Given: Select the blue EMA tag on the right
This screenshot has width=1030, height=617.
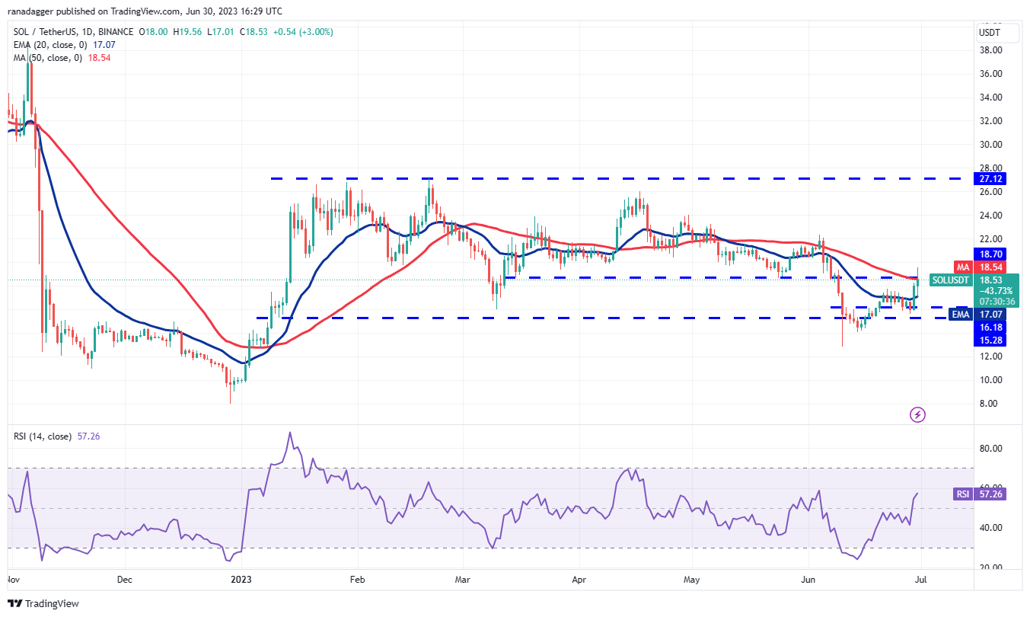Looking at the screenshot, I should point(960,314).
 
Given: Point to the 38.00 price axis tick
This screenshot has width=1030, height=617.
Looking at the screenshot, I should point(990,50).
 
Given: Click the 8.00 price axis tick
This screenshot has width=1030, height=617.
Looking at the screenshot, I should point(990,404).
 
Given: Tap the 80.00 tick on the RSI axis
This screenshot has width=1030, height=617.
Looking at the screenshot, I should point(990,449).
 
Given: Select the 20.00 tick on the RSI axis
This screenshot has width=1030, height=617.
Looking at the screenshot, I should point(990,567).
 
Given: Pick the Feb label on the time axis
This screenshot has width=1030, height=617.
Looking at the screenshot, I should point(357,579).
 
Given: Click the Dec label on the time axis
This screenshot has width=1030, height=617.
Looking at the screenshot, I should point(125,579).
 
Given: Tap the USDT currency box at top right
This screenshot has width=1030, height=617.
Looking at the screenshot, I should point(989,33).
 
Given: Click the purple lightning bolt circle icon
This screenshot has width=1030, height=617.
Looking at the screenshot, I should point(918,414).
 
